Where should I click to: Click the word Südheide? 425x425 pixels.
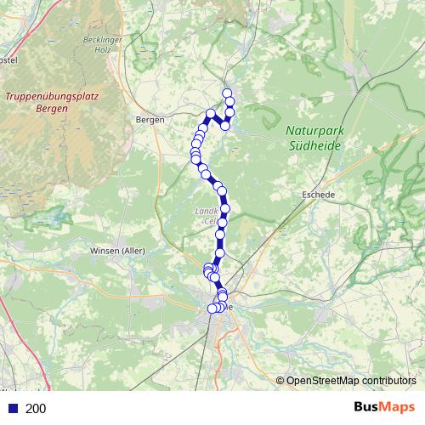(314, 145)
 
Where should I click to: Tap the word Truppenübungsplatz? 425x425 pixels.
(52, 96)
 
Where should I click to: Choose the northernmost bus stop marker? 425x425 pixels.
(227, 93)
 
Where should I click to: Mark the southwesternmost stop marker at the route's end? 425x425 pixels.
(212, 309)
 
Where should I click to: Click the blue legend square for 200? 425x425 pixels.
(12, 409)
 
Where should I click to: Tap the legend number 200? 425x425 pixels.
(36, 409)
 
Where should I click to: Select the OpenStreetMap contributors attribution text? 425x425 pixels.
(351, 381)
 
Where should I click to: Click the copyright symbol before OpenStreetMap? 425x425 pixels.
(280, 381)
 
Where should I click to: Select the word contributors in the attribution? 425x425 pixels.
(388, 381)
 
